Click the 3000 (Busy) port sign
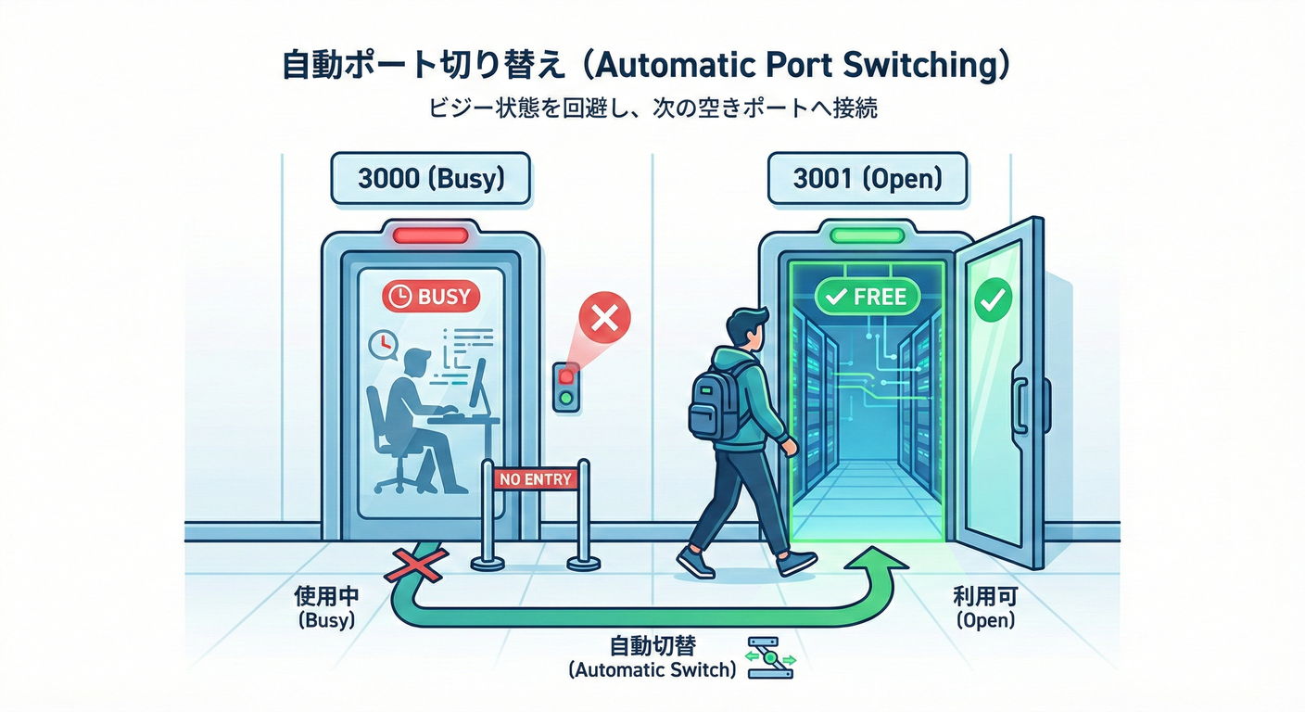pyautogui.click(x=430, y=179)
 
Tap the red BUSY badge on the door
pyautogui.click(x=431, y=297)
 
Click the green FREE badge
pyautogui.click(x=867, y=297)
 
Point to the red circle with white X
pyautogui.click(x=604, y=320)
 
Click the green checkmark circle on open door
pyautogui.click(x=994, y=299)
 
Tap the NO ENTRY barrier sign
pyautogui.click(x=536, y=479)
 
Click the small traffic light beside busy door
pyautogui.click(x=566, y=388)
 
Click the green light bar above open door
pyautogui.click(x=868, y=235)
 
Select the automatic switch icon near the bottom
pyautogui.click(x=769, y=656)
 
